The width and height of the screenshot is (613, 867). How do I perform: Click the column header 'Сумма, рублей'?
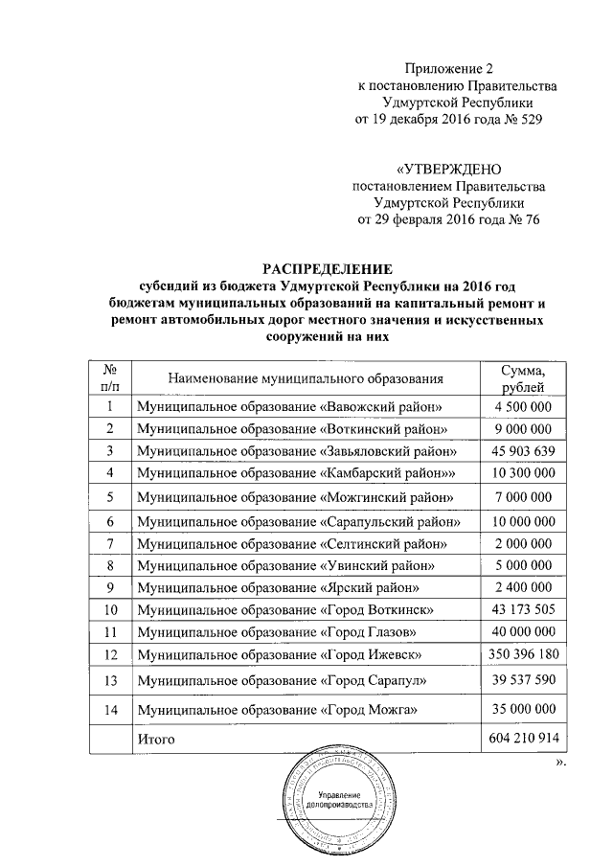click(x=523, y=378)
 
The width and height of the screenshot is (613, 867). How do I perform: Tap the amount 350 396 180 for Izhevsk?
click(x=523, y=653)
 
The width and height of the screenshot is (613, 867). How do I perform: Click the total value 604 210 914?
click(x=523, y=740)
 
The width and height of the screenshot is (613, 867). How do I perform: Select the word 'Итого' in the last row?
click(x=156, y=740)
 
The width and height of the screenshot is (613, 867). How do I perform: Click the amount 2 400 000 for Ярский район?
click(x=523, y=586)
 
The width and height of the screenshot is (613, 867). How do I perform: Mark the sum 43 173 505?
click(x=523, y=609)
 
